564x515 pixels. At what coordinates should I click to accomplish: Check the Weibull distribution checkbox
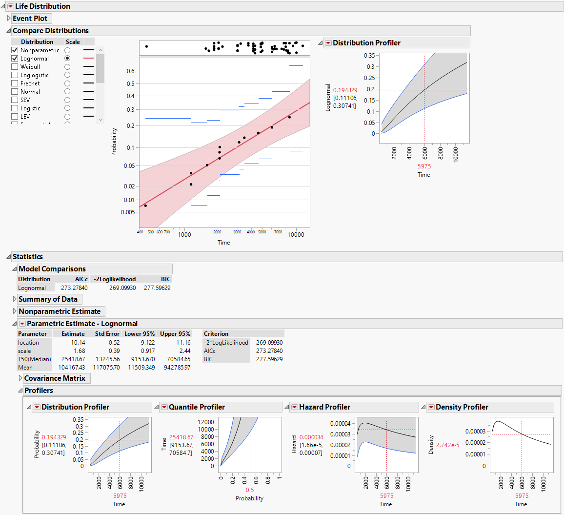(15, 67)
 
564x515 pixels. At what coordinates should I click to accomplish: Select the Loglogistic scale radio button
(67, 75)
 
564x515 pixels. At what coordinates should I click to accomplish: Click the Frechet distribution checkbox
(15, 83)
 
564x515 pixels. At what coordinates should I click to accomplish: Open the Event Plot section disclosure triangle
(9, 19)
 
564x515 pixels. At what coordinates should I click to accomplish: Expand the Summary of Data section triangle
(14, 299)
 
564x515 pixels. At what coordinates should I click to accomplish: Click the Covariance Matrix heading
(55, 378)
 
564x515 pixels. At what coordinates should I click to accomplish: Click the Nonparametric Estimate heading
(60, 311)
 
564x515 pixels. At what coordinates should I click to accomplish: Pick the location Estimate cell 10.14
(78, 343)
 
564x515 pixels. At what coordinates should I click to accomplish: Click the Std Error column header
(106, 334)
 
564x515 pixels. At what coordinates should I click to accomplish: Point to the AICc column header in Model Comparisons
(81, 279)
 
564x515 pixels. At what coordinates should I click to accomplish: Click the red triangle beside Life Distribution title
(11, 6)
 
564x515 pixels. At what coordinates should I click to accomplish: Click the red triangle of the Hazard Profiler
(295, 407)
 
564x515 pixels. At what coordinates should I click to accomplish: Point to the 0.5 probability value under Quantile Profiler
(250, 490)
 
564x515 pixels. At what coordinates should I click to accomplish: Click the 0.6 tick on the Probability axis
(130, 71)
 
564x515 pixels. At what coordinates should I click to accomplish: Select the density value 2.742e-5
(447, 445)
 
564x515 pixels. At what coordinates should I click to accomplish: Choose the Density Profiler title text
(462, 407)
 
